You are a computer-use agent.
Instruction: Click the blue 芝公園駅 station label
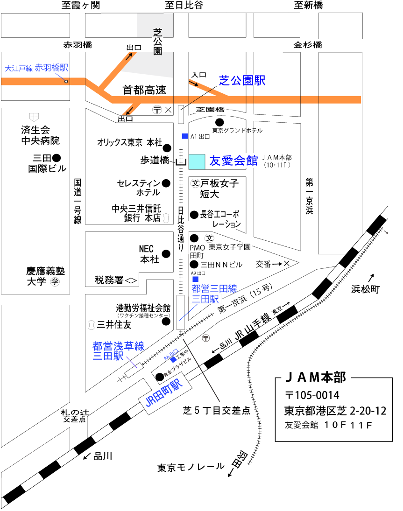point(242,81)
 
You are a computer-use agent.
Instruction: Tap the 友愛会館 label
point(233,161)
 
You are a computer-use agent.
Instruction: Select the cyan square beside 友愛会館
point(197,161)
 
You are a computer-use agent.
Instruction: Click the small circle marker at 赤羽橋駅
point(66,82)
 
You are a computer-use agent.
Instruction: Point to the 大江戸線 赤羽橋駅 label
point(36,68)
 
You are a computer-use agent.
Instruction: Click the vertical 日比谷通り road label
point(181,229)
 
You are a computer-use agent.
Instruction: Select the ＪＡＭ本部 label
point(316,377)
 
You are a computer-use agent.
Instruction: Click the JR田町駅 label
point(163,393)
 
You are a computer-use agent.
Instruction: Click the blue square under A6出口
point(174,360)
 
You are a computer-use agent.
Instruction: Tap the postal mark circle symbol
point(205,337)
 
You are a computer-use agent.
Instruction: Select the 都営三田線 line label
point(214,289)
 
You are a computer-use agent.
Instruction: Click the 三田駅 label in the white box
point(205,299)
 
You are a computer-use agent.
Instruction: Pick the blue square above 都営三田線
point(195,279)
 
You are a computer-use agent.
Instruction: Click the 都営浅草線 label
point(118,346)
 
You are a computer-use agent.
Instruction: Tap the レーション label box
point(225,224)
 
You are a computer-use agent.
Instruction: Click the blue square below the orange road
point(185,136)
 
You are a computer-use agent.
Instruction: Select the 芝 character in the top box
point(157,32)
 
